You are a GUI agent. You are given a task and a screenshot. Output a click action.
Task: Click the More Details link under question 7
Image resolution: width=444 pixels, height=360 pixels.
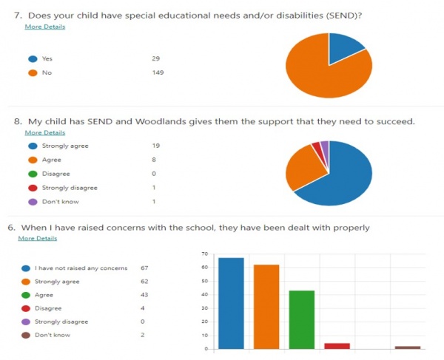(44, 27)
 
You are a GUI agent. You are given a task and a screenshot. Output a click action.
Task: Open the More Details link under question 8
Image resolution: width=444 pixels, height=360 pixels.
(44, 133)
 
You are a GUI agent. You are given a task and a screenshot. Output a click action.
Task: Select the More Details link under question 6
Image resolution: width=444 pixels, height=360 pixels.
(38, 239)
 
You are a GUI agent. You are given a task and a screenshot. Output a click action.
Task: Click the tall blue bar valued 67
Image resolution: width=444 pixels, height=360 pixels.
(231, 303)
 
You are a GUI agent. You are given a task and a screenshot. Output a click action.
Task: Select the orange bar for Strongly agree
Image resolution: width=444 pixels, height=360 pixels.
(266, 306)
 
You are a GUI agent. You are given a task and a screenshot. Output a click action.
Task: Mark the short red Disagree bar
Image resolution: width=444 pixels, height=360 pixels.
(337, 345)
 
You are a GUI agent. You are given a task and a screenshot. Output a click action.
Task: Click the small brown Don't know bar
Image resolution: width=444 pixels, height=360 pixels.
(408, 347)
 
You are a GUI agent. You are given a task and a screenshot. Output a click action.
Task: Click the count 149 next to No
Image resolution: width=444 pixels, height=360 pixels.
(157, 72)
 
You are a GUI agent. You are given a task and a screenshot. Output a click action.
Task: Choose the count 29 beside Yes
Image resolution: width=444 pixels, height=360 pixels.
(155, 58)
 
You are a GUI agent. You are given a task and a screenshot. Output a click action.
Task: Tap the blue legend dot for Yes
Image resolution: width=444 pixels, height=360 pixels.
(32, 58)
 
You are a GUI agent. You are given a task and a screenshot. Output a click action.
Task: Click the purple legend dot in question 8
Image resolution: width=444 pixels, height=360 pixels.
(32, 202)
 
